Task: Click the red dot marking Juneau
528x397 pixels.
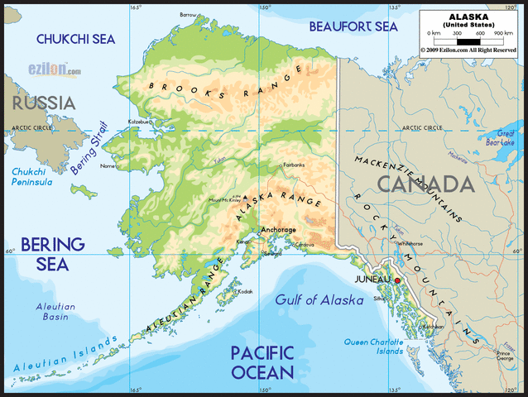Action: pos(398,281)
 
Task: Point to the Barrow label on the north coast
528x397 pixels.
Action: pos(189,15)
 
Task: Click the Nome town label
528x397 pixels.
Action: pos(108,165)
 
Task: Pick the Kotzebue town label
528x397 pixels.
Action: pos(139,122)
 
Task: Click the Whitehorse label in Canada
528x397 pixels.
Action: pos(410,244)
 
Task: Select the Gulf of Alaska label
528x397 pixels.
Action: pos(319,300)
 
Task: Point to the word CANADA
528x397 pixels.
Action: pos(425,184)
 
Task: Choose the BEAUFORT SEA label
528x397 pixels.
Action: pos(353,26)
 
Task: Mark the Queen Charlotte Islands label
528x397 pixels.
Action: pos(373,346)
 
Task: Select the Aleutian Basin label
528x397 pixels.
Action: pos(55,311)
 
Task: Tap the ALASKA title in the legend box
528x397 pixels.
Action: pos(468,16)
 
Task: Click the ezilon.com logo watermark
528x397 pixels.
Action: pos(54,71)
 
